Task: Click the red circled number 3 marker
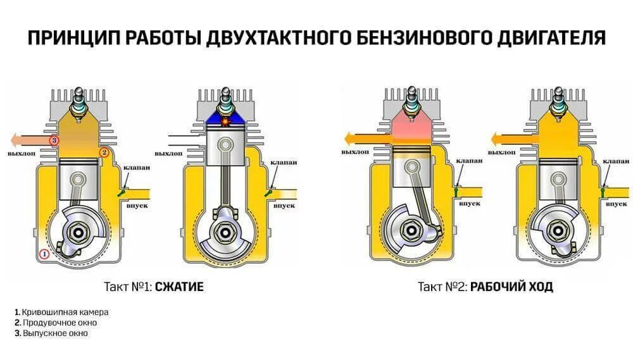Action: coord(54,139)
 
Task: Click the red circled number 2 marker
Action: coord(104,152)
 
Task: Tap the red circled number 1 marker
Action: coord(44,254)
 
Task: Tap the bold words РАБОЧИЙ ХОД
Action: coord(512,287)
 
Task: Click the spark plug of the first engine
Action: coord(79,101)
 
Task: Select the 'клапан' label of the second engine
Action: coord(283,163)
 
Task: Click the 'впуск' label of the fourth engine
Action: coord(615,204)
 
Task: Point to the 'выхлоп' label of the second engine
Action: coord(168,154)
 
